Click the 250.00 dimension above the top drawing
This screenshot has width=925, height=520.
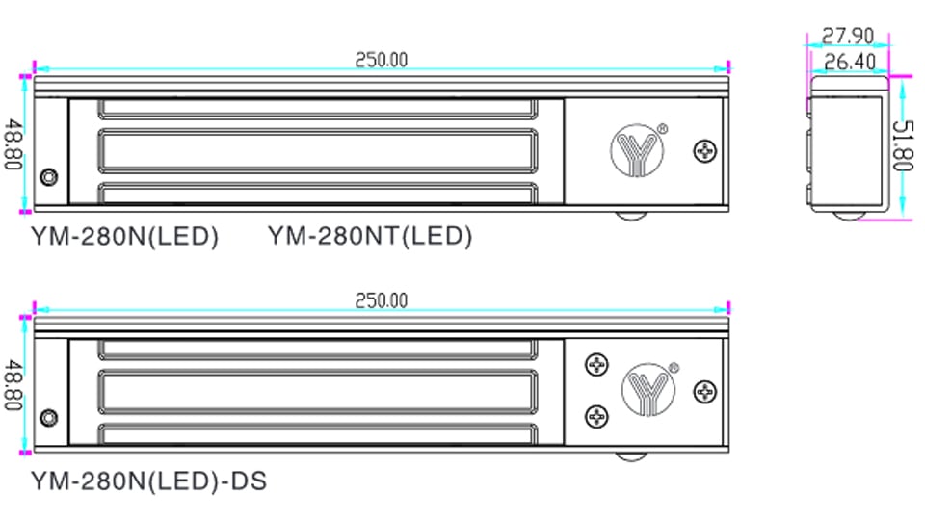381,60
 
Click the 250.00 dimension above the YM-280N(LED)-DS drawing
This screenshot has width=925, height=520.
381,300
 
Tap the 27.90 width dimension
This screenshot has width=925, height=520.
847,37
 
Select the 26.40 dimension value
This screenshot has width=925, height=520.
847,62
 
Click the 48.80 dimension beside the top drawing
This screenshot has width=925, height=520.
13,143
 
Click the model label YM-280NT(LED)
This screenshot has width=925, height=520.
370,236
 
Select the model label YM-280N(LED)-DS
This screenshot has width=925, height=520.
148,479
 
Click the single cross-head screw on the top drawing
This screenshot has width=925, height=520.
706,150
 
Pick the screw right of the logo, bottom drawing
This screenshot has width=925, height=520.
706,392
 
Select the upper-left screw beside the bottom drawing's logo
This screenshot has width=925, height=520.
597,365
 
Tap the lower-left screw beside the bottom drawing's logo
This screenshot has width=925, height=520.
597,415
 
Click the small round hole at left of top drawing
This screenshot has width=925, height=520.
48,178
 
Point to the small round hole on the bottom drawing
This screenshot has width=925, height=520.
48,418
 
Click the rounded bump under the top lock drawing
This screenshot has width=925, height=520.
633,216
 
